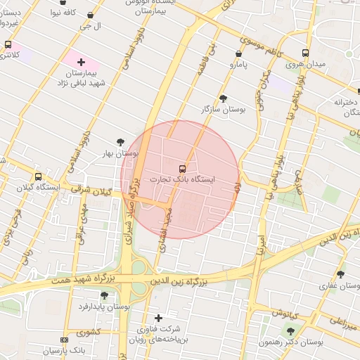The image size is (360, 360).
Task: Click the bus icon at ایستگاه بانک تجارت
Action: pyautogui.click(x=183, y=169)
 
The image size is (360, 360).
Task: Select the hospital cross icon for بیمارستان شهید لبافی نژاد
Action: pyautogui.click(x=81, y=63)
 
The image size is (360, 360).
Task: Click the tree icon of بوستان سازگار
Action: pyautogui.click(x=224, y=98)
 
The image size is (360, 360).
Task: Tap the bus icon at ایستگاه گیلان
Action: pyautogui.click(x=37, y=177)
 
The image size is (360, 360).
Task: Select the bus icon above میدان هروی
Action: pyautogui.click(x=305, y=53)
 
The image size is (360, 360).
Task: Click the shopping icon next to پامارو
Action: pyautogui.click(x=239, y=53)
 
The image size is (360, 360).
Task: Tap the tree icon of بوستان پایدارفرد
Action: pyautogui.click(x=105, y=295)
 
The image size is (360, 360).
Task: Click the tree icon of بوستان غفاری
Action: pyautogui.click(x=341, y=275)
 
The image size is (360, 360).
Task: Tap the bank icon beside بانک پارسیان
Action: pyautogui.click(x=65, y=340)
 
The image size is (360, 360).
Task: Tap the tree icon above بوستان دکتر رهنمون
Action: pyautogui.click(x=290, y=331)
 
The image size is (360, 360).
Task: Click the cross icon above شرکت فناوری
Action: pyautogui.click(x=158, y=318)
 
